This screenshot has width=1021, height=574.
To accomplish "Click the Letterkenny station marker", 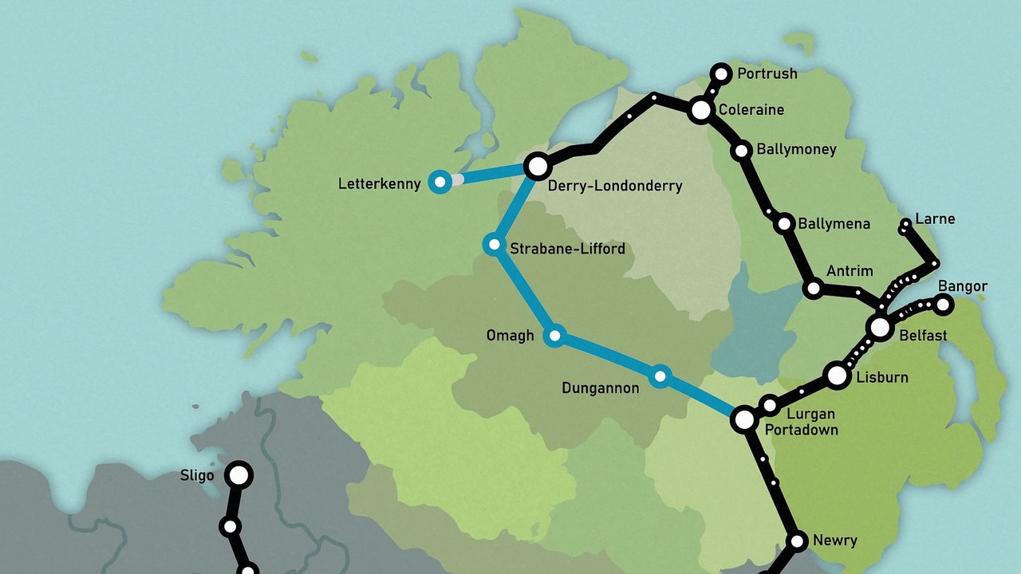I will click(439, 182).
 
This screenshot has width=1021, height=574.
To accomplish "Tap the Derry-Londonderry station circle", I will click(538, 166).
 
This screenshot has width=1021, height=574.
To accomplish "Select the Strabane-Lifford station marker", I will click(495, 244).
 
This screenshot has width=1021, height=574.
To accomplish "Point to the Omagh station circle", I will click(554, 336).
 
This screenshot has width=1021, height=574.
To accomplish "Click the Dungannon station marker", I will click(660, 376).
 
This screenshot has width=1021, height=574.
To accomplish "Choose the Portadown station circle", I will click(744, 419).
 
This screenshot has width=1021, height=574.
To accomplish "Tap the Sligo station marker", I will click(238, 475).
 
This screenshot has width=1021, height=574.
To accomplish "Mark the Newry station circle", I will click(797, 541).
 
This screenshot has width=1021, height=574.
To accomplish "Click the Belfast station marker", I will click(880, 327).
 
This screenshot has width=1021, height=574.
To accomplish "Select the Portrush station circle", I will click(721, 74).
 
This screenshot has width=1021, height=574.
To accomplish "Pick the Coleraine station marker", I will click(701, 110).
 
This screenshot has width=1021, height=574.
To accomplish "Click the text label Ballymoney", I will click(796, 149).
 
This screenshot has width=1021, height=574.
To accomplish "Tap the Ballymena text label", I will click(834, 223).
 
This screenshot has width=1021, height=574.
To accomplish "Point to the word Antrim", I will click(850, 271).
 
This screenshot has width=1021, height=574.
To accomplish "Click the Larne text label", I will click(935, 218).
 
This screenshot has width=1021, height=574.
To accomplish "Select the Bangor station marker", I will click(944, 304).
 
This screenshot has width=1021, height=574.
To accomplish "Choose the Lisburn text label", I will click(881, 377).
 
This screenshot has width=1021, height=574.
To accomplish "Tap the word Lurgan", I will click(810, 414).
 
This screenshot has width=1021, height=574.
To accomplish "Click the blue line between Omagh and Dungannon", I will click(606, 356).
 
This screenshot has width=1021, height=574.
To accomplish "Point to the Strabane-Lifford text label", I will click(567, 249).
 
